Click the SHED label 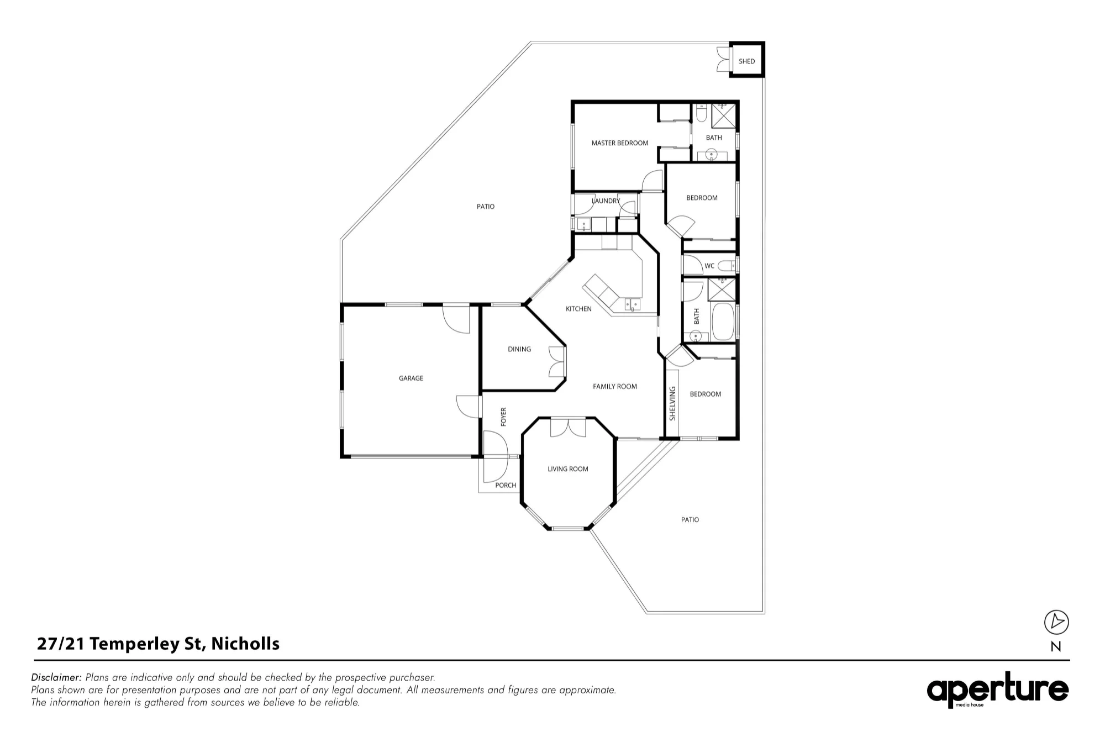tap(746, 61)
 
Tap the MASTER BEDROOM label tap(620, 143)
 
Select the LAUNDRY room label tap(606, 201)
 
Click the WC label tap(709, 266)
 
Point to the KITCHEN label tap(578, 309)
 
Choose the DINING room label tap(519, 349)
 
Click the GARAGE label tap(411, 378)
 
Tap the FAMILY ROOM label tap(615, 387)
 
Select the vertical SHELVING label tap(672, 403)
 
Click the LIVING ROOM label tap(568, 469)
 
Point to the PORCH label tap(506, 486)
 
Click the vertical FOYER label tap(503, 417)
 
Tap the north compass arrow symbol tap(1056, 622)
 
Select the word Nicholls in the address tap(245, 644)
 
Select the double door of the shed tap(723, 60)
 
